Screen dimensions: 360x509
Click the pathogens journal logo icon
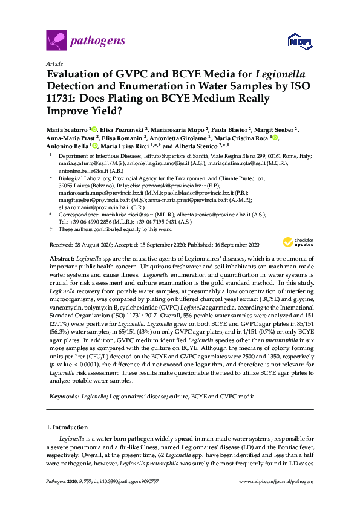56,41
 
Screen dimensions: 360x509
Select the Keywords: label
63,396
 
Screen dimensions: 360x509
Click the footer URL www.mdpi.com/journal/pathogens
276,481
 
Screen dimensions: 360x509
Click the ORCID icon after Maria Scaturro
94,129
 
